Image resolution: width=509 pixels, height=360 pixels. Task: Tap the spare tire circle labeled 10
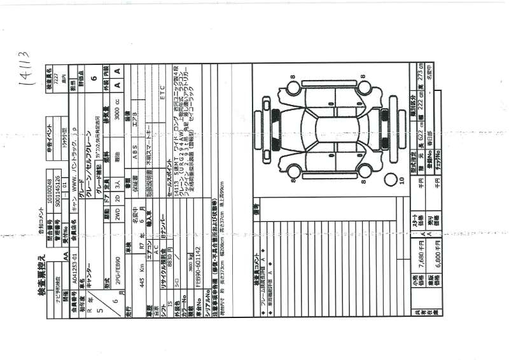point(401,181)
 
